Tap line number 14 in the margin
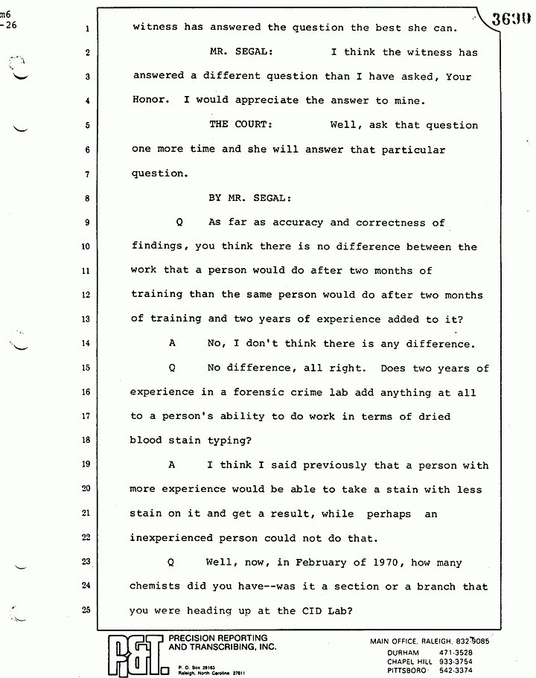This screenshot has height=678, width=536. pyautogui.click(x=86, y=343)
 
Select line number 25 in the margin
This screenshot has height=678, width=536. pyautogui.click(x=86, y=610)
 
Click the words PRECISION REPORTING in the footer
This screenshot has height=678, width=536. pyautogui.click(x=218, y=639)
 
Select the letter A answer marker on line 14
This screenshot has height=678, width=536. pyautogui.click(x=172, y=343)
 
